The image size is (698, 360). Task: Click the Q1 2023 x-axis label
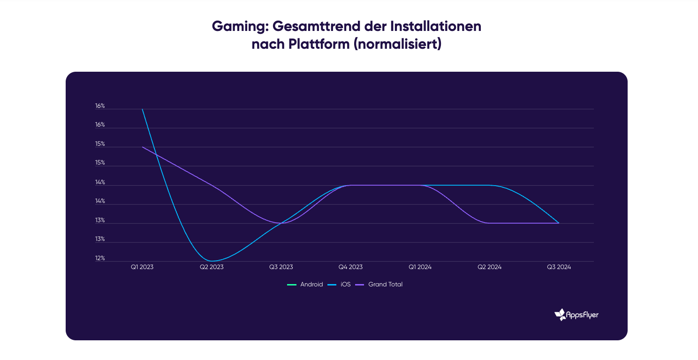click(142, 267)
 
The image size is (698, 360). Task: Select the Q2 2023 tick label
click(212, 267)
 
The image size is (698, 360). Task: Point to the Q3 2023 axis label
click(281, 267)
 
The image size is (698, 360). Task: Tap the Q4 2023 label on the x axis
click(350, 267)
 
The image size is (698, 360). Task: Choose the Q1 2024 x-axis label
click(420, 267)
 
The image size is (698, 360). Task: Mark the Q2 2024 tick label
click(489, 267)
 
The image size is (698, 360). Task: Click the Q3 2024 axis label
click(559, 267)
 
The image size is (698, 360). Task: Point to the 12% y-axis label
click(100, 259)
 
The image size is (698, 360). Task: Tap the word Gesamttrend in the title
click(317, 26)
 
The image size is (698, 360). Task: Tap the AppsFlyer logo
click(576, 315)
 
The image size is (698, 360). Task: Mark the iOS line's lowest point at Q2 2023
click(212, 261)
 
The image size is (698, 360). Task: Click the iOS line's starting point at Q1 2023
click(142, 109)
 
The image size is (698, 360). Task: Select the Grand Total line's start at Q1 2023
click(142, 147)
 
